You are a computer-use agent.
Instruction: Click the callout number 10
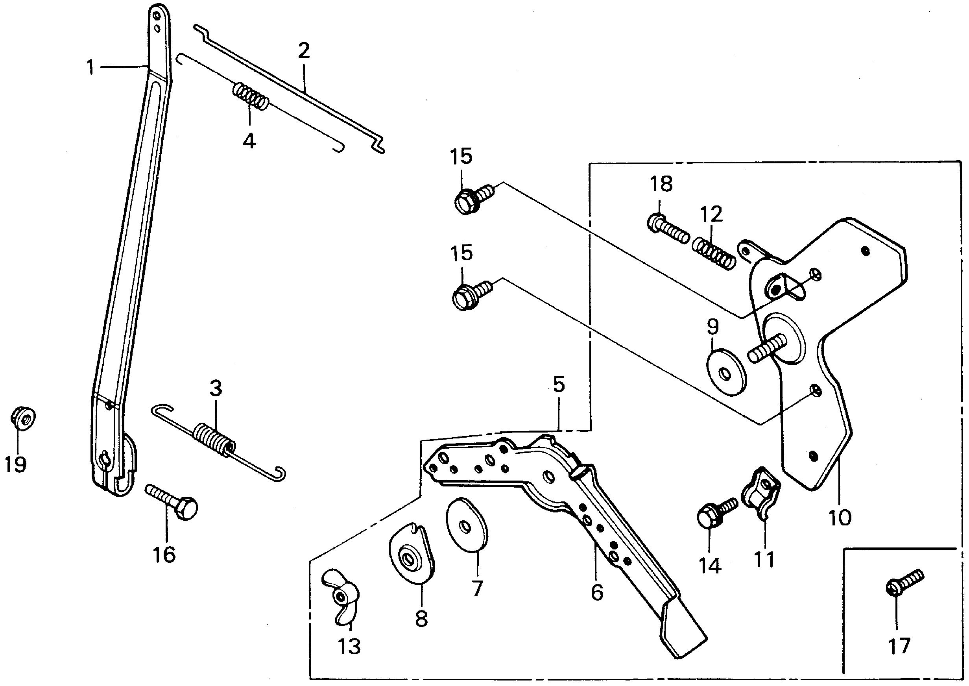point(840,518)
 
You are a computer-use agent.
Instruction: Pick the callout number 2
point(304,52)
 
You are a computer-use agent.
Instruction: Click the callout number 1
point(90,68)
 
